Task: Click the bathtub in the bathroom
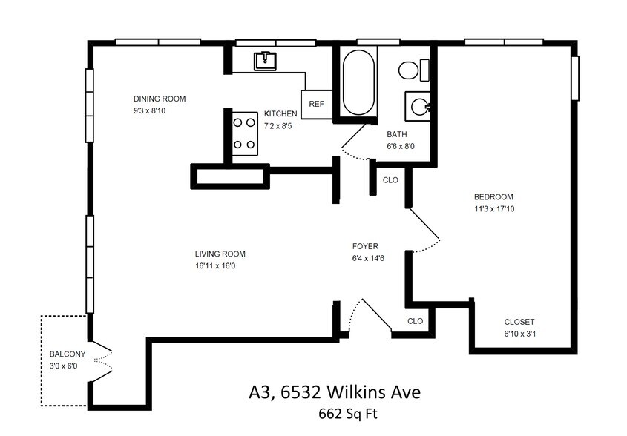(x=359, y=82)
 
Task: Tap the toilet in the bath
(x=413, y=70)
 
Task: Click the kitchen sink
(x=264, y=61)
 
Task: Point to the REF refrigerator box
(x=316, y=104)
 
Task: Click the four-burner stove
(x=245, y=133)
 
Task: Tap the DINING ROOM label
(x=160, y=99)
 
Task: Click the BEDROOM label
(x=493, y=197)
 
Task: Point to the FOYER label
(x=365, y=246)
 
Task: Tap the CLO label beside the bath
(x=390, y=180)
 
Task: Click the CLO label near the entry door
(x=415, y=321)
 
